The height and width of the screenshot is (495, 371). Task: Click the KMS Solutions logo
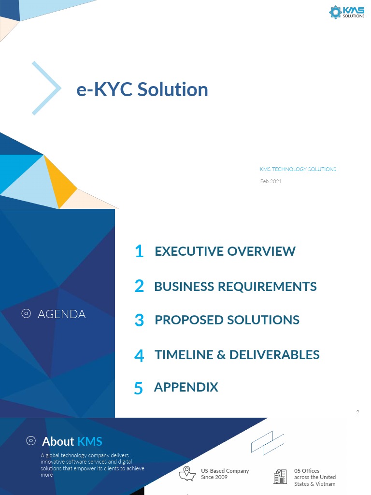pyautogui.click(x=346, y=12)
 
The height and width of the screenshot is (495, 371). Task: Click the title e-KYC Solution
pyautogui.click(x=142, y=89)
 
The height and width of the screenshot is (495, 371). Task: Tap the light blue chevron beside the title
pyautogui.click(x=47, y=88)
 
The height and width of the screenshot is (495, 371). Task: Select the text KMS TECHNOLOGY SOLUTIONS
pyautogui.click(x=298, y=169)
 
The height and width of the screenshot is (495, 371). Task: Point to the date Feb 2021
pyautogui.click(x=271, y=181)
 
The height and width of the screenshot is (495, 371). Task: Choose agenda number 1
pyautogui.click(x=139, y=251)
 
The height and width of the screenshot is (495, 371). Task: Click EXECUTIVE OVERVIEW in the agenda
pyautogui.click(x=225, y=251)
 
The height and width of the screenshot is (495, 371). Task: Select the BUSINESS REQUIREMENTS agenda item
pyautogui.click(x=235, y=286)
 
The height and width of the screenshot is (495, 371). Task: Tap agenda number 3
pyautogui.click(x=139, y=320)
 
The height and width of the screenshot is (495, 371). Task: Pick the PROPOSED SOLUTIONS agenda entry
pyautogui.click(x=227, y=320)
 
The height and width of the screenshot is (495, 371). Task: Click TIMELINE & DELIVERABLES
pyautogui.click(x=237, y=355)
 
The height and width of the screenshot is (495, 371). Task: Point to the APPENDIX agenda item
pyautogui.click(x=186, y=387)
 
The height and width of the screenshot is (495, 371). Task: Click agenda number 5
pyautogui.click(x=139, y=388)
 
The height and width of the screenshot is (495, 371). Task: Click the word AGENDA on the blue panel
pyautogui.click(x=61, y=314)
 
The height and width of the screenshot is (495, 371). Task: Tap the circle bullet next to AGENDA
pyautogui.click(x=27, y=314)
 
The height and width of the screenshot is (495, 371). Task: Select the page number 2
pyautogui.click(x=357, y=412)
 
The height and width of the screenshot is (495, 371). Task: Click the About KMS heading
pyautogui.click(x=72, y=441)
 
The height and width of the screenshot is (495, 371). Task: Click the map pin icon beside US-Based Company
pyautogui.click(x=187, y=474)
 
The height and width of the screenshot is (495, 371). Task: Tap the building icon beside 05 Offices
pyautogui.click(x=280, y=477)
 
